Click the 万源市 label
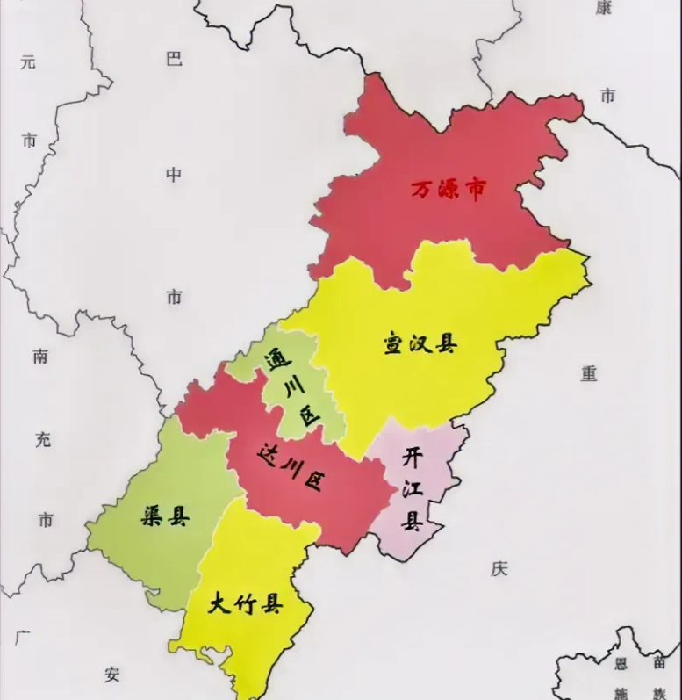(449, 189)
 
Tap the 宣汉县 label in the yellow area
(420, 343)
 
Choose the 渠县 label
(164, 516)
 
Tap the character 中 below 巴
(174, 175)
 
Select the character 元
(29, 62)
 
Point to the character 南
(41, 357)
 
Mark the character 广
(24, 635)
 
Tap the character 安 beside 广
(111, 675)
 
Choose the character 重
(589, 373)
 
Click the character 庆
(499, 569)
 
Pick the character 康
(604, 8)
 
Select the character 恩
(621, 664)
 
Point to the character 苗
(659, 664)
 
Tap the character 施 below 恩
(621, 692)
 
